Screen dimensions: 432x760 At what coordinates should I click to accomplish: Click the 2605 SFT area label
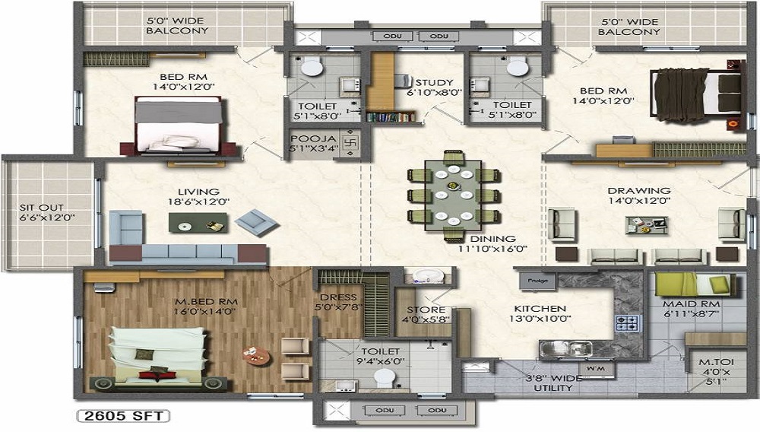(x=122, y=416)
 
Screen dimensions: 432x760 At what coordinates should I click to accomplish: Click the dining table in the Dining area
(x=453, y=194)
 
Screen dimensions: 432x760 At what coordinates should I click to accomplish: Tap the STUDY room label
(x=434, y=82)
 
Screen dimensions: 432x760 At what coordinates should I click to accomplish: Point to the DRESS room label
(x=333, y=297)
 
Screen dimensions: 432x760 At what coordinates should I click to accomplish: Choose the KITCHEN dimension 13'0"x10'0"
(x=540, y=318)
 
